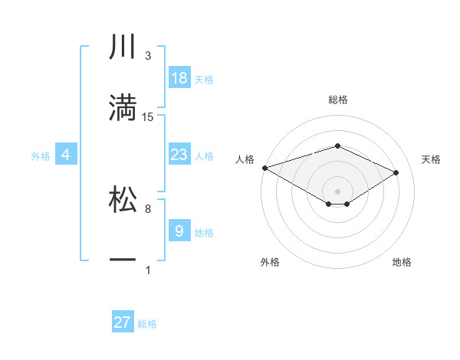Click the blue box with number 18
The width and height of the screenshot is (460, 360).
pos(179,78)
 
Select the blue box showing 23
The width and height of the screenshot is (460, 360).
pos(179,155)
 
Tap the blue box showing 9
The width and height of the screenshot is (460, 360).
pos(179,231)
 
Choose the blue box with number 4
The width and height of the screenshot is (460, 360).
pos(65,155)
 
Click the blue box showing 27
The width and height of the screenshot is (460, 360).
pos(123,322)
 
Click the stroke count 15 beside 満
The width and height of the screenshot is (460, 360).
pos(148,117)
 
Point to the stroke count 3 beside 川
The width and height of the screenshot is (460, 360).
pos(148,56)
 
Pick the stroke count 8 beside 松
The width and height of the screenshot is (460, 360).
pos(148,208)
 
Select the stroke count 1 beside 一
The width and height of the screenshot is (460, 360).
pos(148,270)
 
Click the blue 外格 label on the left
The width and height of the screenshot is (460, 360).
pos(41,155)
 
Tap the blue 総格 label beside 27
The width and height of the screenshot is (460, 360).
pos(147,324)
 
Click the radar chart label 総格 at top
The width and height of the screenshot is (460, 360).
pos(337,100)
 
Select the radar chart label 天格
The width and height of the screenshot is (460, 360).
pos(431,159)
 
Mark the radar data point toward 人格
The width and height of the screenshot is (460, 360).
pos(264,168)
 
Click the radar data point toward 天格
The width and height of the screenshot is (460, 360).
pos(396,173)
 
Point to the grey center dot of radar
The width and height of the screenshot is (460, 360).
pos(337,191)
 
